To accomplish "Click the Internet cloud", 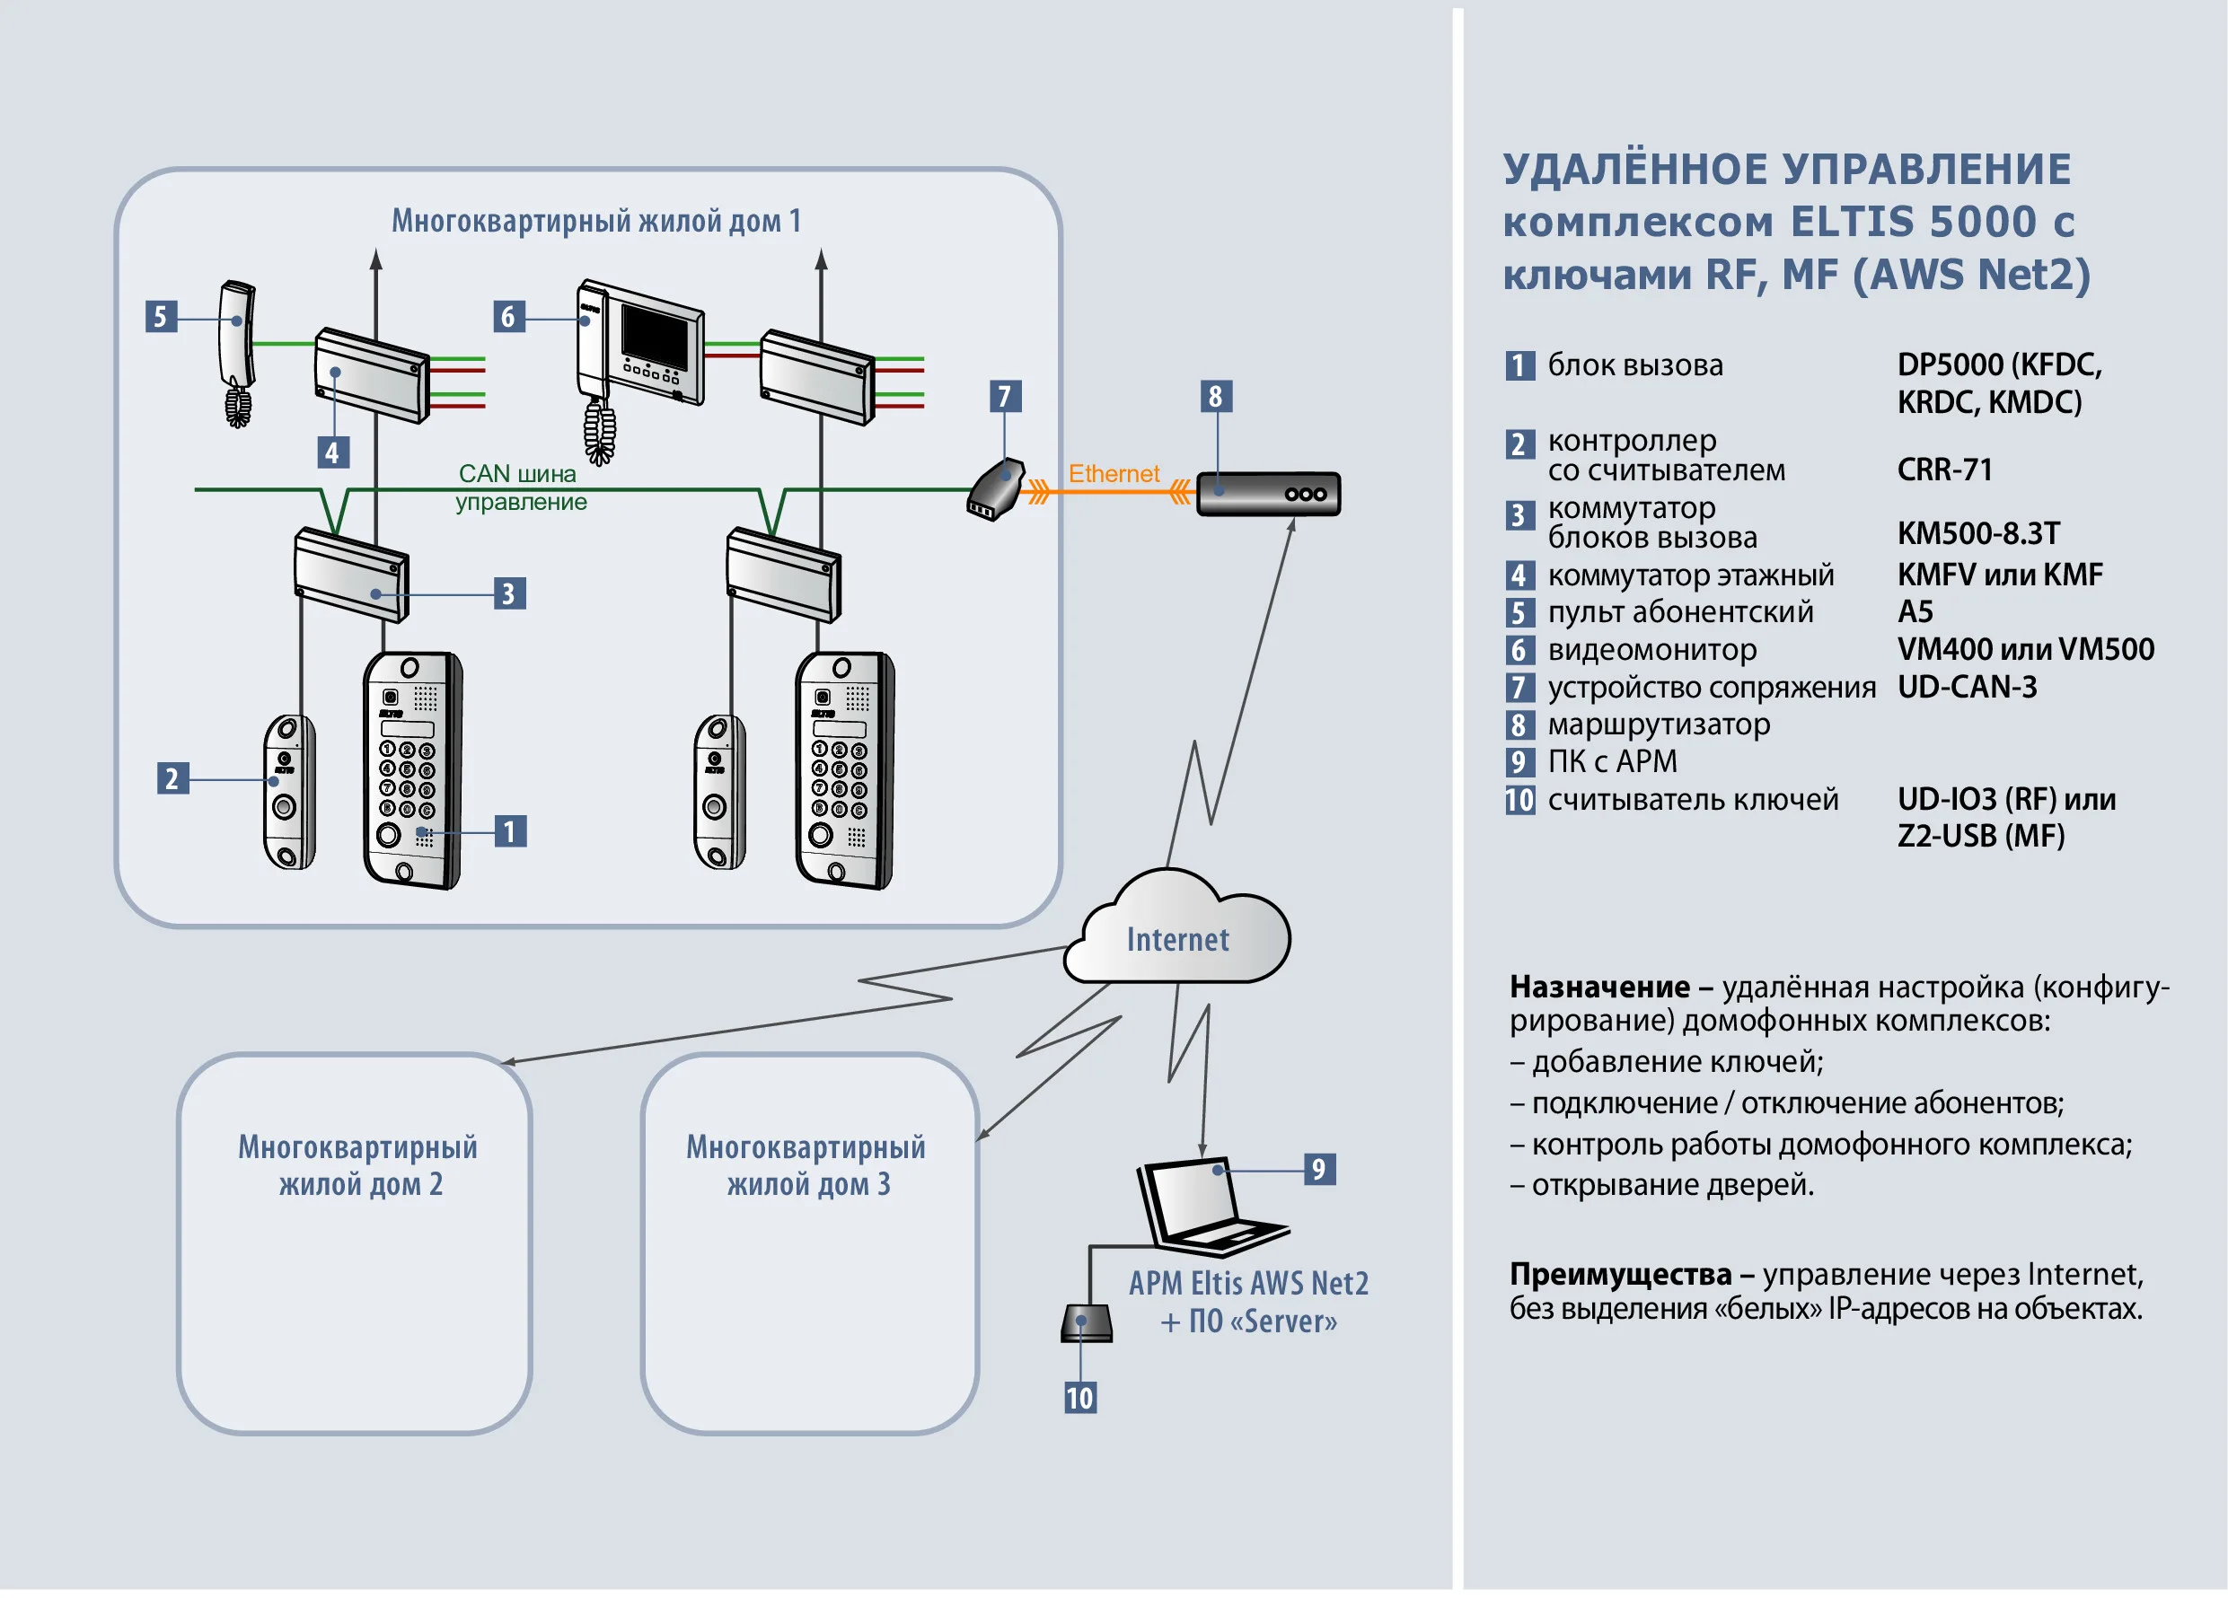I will (1177, 933).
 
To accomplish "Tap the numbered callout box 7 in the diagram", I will (1004, 397).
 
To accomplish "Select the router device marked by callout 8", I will (1268, 493).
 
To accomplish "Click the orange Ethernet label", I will (1113, 473).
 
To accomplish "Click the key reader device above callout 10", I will (1086, 1323).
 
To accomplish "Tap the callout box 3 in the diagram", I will (509, 593).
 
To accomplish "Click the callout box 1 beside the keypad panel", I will (510, 831).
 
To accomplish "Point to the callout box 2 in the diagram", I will (173, 777).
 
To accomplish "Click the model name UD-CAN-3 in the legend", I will (1967, 687).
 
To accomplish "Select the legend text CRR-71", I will (1944, 470).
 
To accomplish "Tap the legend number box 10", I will (1519, 800).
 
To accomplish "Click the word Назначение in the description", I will (1599, 986).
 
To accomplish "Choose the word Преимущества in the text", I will (1620, 1274).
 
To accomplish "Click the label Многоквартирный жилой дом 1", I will (596, 221).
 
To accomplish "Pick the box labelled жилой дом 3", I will (808, 1242).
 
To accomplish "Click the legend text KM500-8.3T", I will (1978, 533).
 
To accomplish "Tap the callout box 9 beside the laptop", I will (1318, 1169).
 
